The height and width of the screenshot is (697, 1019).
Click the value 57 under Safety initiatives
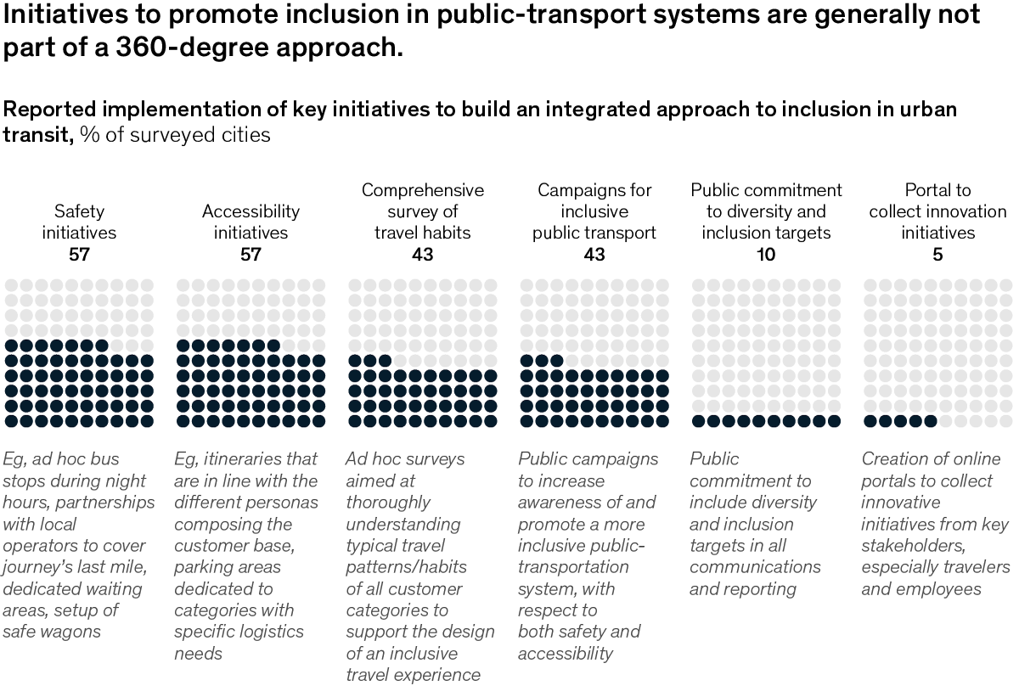point(80,255)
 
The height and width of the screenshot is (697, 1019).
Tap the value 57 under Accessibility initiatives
point(251,255)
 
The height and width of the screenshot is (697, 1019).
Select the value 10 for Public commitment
point(766,255)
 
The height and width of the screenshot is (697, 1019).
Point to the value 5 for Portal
point(937,255)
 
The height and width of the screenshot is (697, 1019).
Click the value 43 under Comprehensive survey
point(422,255)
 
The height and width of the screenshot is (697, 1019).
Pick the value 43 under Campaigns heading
point(594,255)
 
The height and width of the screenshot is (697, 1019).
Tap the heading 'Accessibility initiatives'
point(251,222)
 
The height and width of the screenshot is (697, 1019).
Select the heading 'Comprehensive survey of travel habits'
point(422,211)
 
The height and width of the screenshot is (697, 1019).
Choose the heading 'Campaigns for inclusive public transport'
point(594,211)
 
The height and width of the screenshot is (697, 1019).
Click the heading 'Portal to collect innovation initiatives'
point(937,211)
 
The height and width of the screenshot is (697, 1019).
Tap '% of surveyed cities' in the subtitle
point(176,134)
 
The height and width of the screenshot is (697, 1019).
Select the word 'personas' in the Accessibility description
point(286,503)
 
